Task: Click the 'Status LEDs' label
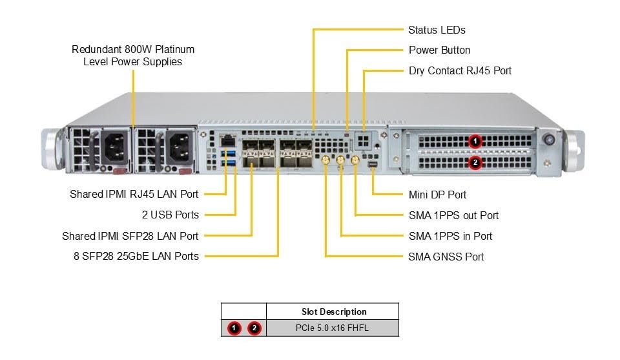click(437, 30)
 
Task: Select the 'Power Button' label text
click(439, 50)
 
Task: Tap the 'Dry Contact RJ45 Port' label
click(460, 70)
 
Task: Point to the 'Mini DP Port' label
click(437, 195)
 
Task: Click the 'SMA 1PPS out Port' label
click(453, 215)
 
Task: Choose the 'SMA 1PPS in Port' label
click(450, 236)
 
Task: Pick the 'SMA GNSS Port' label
click(446, 257)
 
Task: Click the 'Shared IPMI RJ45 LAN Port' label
click(134, 194)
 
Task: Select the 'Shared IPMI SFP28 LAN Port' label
click(130, 236)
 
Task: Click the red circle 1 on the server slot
click(475, 140)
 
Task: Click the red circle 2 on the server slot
click(475, 162)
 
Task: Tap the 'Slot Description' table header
click(334, 312)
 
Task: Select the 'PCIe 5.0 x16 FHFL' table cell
click(334, 328)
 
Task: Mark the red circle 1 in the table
click(234, 328)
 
